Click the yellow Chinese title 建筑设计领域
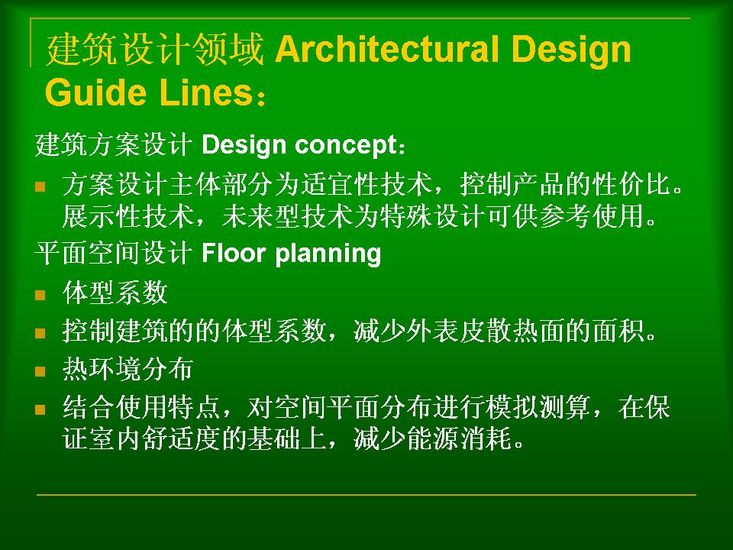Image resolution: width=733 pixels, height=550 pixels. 155,49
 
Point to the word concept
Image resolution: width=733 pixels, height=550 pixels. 347,145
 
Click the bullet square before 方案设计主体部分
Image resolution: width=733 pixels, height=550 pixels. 40,187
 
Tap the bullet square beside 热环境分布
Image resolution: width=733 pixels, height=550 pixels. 40,371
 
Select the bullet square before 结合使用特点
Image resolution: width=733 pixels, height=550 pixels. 40,409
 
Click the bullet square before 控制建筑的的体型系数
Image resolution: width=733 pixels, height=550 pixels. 40,333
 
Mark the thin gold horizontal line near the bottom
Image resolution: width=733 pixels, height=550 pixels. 366,494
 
